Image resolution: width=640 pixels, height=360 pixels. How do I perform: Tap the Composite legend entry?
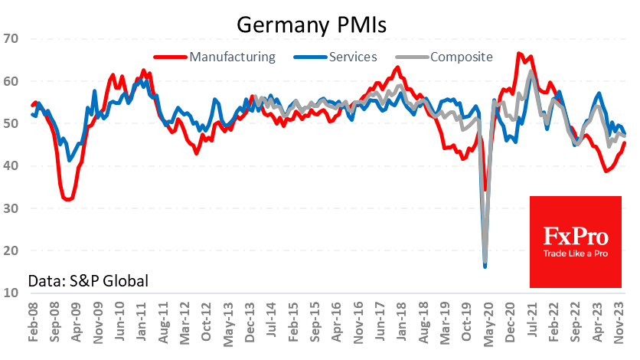point(461,57)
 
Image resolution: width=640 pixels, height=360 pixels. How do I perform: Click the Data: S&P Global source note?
point(87,280)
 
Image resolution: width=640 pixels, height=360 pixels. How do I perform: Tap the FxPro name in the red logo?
point(575,234)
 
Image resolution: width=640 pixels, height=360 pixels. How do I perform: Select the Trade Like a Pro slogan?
point(576,252)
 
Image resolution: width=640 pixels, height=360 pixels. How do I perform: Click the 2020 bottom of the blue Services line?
point(485,266)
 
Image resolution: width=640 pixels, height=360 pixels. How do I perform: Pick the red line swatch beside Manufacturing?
point(169,57)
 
